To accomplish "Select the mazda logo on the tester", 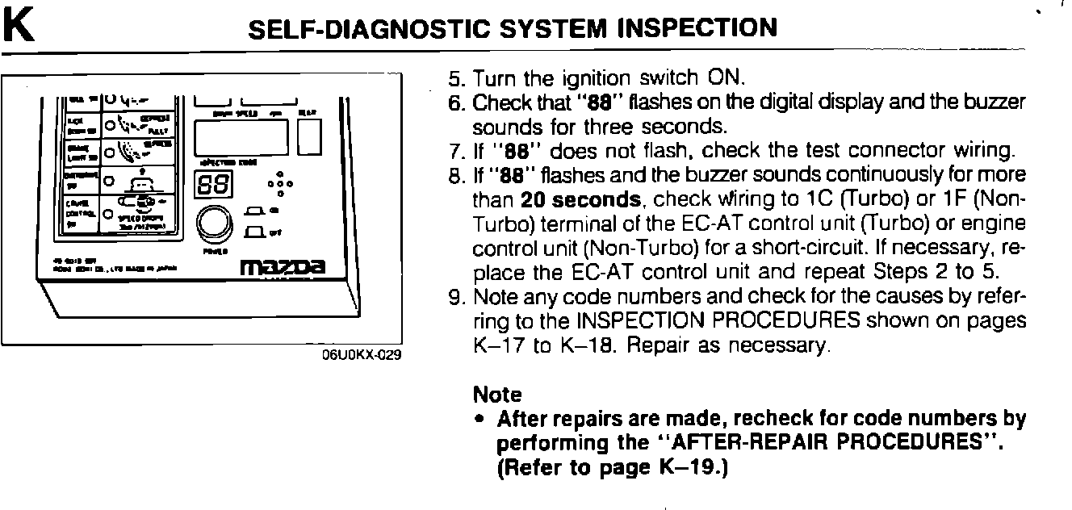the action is pos(283,265).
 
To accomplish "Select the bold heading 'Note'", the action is pos(497,395).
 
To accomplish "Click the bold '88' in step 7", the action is pos(505,150).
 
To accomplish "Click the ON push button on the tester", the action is pos(254,211).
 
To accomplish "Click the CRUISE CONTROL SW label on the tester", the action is pos(80,214).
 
